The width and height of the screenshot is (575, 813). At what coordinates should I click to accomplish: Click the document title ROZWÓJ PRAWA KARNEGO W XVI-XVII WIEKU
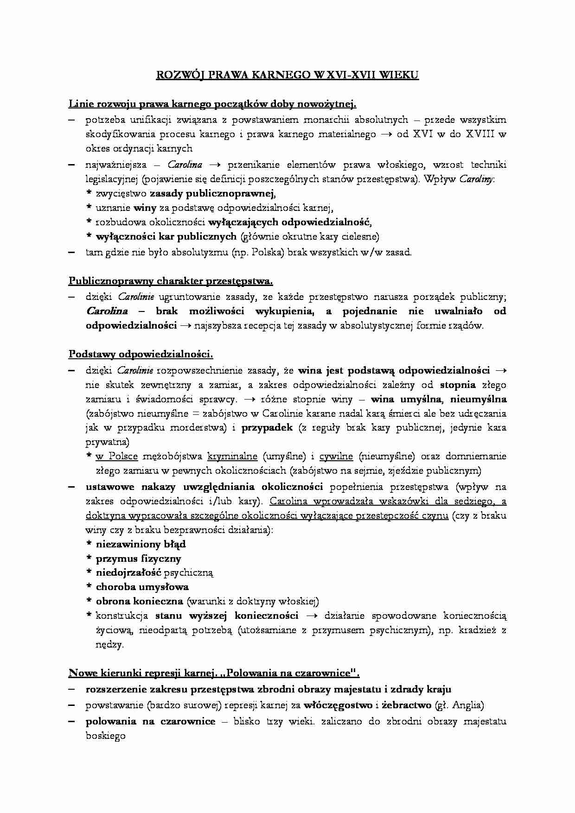tap(287, 75)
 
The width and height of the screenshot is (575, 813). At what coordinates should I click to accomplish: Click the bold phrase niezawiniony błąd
tap(141, 544)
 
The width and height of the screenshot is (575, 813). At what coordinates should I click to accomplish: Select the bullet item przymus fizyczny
tap(138, 559)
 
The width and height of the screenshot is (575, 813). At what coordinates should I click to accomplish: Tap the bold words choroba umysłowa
tap(142, 587)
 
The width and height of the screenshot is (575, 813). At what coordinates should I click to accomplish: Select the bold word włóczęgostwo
tap(338, 705)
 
